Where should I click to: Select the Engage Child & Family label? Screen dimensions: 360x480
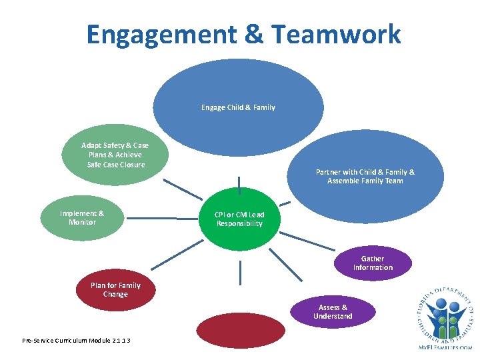[238, 107]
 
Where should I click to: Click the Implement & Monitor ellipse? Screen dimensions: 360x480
[82, 218]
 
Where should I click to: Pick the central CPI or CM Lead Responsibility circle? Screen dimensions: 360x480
[239, 219]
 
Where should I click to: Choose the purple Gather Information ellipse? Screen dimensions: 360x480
[373, 263]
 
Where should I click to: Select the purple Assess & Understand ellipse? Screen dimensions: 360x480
[333, 312]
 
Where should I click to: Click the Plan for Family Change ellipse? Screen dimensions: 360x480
[115, 290]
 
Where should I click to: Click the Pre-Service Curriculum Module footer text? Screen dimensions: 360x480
[76, 341]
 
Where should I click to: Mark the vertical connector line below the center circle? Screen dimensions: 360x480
[240, 273]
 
